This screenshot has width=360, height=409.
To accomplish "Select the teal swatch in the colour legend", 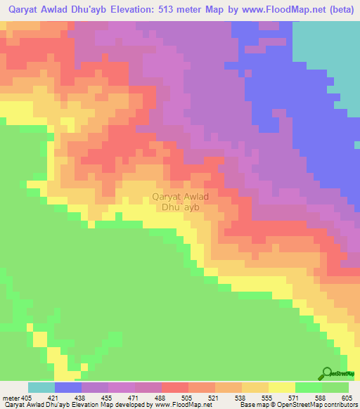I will click(41, 387).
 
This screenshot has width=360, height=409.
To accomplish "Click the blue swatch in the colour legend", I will click(68, 387).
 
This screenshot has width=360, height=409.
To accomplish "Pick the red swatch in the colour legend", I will click(175, 387).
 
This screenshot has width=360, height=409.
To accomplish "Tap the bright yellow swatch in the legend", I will click(282, 387).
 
